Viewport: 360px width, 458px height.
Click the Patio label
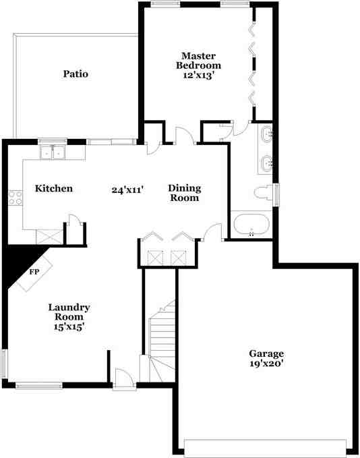coord(76,74)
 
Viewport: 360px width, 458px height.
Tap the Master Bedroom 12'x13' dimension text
coord(199,76)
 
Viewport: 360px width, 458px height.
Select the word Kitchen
coord(54,188)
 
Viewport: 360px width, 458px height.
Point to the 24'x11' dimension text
coord(127,190)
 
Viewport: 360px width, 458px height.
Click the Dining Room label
coord(185,193)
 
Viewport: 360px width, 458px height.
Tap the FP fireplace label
coord(34,272)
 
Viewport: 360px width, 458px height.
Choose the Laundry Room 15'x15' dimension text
coord(69,326)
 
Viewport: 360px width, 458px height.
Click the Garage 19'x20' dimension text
coord(266,364)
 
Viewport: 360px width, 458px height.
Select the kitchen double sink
coord(53,152)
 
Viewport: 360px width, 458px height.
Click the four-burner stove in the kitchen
coord(16,198)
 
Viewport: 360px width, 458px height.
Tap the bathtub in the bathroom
coord(251,225)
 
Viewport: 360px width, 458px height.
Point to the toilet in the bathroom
coord(264,193)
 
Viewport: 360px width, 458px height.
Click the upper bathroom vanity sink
coord(267,134)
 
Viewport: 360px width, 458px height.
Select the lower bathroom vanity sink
coord(267,163)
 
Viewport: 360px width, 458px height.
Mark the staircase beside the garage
coord(162,341)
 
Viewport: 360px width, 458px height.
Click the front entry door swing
coord(124,379)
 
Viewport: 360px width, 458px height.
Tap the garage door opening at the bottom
coord(265,448)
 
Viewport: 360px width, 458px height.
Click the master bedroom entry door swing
coord(185,135)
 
